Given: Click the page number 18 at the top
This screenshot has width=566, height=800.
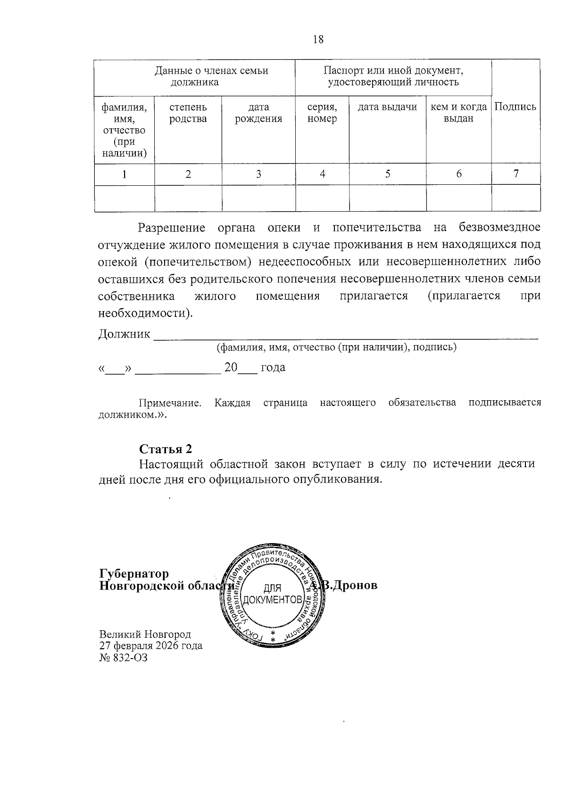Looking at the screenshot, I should click(x=318, y=40).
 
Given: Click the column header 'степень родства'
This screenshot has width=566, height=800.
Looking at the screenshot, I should click(x=188, y=113).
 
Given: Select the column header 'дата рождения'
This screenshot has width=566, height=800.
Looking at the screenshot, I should click(x=258, y=113).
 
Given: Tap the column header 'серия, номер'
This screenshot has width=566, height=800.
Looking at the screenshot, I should click(x=322, y=113).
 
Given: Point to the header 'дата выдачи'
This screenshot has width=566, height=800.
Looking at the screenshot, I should click(x=387, y=107).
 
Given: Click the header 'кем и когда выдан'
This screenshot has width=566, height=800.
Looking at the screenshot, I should click(x=458, y=113).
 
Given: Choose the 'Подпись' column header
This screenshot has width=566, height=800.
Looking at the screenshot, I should click(x=516, y=107).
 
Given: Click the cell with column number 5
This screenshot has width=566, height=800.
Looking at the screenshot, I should click(x=387, y=174).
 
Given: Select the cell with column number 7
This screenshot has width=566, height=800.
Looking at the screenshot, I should click(x=516, y=173).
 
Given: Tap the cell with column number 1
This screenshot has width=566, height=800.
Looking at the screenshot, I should click(x=125, y=174).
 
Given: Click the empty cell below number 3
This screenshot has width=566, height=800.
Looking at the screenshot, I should click(x=258, y=198).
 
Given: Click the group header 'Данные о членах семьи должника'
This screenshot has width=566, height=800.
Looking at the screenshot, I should click(x=211, y=77).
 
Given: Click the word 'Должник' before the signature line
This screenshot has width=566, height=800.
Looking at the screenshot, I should click(x=124, y=334).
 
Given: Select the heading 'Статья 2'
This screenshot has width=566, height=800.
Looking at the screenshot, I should click(x=166, y=448).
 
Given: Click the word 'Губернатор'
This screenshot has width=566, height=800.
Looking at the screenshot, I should click(x=134, y=574).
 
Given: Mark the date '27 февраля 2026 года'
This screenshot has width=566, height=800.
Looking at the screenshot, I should click(x=151, y=645).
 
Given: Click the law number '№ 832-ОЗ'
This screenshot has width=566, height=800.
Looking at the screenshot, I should click(x=124, y=657).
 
